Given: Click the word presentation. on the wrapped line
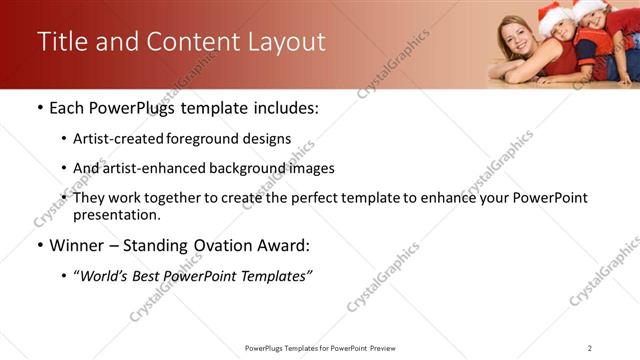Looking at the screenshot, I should (x=116, y=214).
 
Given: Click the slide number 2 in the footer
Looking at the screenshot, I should (x=589, y=348).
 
